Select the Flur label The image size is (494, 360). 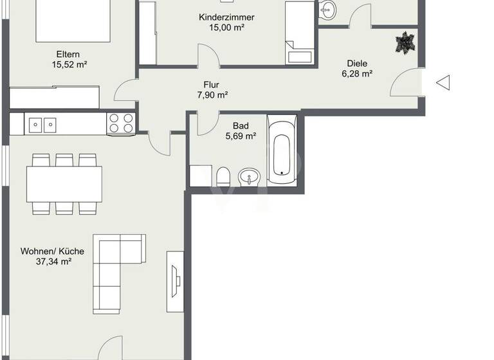(212, 84)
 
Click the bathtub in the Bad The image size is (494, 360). (282, 150)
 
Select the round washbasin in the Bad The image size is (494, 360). (249, 176)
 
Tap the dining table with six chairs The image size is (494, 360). (64, 184)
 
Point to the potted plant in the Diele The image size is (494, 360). (405, 44)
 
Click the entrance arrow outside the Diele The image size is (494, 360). (443, 82)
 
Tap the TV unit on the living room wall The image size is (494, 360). (174, 281)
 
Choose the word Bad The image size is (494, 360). (241, 126)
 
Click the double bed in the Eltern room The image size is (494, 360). (64, 19)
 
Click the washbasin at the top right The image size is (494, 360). (328, 9)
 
